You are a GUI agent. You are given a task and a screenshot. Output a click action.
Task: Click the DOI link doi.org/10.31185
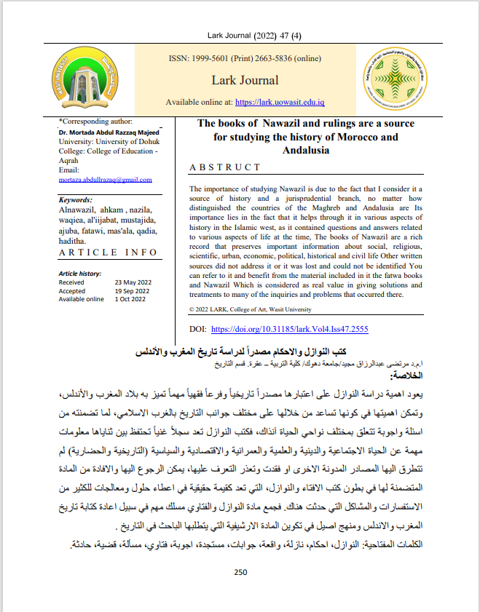[x=289, y=329]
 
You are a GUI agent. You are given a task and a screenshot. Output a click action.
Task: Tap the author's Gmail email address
[x=105, y=179]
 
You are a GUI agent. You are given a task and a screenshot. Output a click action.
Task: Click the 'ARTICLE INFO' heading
[x=107, y=252]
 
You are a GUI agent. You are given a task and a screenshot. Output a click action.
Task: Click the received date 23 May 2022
[x=132, y=282]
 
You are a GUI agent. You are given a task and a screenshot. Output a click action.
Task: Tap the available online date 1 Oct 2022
[x=131, y=299]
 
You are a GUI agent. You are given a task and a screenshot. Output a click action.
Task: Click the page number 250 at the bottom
[x=241, y=572]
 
